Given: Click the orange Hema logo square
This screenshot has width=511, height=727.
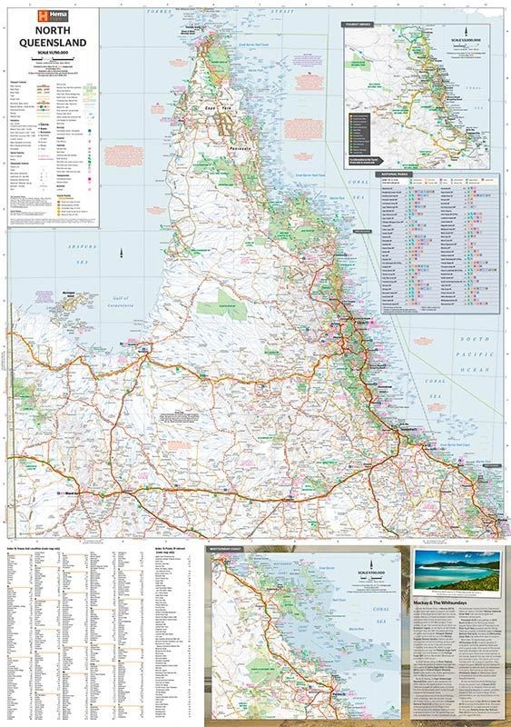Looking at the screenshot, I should coord(39,15).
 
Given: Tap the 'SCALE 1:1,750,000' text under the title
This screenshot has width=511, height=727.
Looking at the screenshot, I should coord(54,62).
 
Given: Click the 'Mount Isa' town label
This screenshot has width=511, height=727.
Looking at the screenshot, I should coord(71,493).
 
